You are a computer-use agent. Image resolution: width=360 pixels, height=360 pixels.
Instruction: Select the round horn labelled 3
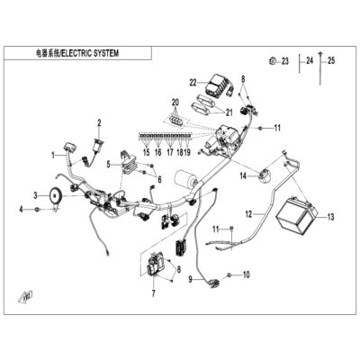55,196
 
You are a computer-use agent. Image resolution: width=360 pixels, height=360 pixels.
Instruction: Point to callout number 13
330,217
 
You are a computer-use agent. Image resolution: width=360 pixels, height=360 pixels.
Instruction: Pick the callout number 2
99,122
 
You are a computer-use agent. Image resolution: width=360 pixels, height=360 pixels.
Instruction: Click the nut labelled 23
272,61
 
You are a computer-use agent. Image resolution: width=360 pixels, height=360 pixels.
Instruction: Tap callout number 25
331,61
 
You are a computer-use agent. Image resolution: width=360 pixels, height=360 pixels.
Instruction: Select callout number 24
310,60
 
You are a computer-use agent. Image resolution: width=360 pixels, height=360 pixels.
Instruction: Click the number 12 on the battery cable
249,214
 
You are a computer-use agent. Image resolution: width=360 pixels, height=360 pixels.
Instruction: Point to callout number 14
243,175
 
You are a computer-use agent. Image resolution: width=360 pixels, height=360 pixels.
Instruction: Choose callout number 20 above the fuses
175,103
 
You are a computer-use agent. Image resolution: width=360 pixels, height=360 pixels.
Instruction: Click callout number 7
154,293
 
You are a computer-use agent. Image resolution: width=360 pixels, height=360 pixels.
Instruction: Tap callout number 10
246,274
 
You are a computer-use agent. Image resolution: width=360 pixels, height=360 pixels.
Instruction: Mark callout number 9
190,280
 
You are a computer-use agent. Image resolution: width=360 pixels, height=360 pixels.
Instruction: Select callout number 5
109,164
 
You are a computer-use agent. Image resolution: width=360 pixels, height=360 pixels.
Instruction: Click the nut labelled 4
37,209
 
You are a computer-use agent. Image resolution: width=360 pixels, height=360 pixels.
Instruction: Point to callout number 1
53,155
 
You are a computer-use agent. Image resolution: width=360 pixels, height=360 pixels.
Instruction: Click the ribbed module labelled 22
215,84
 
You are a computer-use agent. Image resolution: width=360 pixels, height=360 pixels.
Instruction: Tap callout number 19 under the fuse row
187,152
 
